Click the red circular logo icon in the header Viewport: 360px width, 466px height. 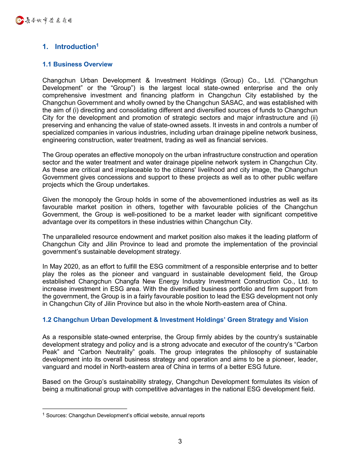click(x=19, y=20)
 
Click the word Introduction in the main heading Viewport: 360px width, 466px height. click(x=75, y=47)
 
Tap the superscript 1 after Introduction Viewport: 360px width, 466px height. click(x=97, y=45)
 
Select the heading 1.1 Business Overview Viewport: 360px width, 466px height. click(x=77, y=64)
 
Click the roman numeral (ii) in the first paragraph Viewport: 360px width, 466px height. click(x=314, y=117)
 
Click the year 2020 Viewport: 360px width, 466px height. click(x=71, y=266)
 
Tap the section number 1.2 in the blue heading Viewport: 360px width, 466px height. click(x=47, y=320)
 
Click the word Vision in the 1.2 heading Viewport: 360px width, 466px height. click(x=299, y=320)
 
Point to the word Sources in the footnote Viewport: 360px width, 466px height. click(x=56, y=416)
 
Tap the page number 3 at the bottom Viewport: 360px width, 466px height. click(x=180, y=442)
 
